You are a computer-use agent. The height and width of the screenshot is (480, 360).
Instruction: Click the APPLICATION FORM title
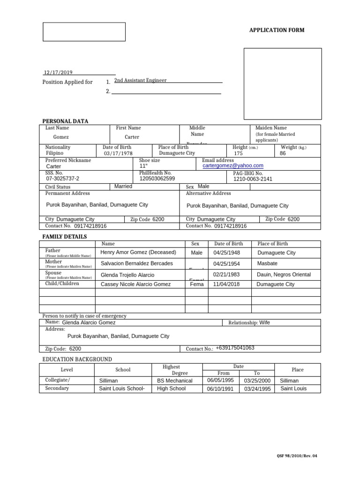click(x=276, y=30)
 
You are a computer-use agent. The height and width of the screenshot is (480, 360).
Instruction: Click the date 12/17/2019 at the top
click(x=58, y=72)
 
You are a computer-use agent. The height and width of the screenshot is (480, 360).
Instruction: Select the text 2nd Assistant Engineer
click(x=140, y=80)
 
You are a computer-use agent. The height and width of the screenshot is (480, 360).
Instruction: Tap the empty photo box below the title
click(x=283, y=83)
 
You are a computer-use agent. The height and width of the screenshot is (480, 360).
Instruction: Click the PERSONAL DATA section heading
click(x=65, y=121)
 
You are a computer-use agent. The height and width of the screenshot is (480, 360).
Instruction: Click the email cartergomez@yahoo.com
click(x=233, y=165)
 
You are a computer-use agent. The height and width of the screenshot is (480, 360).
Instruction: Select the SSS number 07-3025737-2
click(x=63, y=179)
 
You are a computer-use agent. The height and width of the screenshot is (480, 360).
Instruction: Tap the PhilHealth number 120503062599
click(x=157, y=179)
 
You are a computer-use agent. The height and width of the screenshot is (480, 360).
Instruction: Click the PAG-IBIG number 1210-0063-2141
click(x=253, y=179)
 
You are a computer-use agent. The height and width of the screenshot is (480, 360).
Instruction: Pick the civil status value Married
click(x=123, y=186)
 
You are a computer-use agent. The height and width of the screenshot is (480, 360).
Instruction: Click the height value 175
click(x=238, y=153)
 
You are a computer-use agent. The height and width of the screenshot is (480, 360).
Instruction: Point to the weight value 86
click(x=283, y=153)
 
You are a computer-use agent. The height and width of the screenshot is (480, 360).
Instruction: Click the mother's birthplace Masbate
click(x=268, y=263)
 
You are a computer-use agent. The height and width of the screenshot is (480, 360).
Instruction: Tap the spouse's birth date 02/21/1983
click(x=226, y=274)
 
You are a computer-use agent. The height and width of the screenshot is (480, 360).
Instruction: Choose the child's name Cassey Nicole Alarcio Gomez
click(x=136, y=284)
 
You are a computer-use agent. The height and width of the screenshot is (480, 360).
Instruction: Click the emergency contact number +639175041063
click(x=235, y=348)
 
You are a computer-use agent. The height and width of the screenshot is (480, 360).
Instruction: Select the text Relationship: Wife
click(x=249, y=322)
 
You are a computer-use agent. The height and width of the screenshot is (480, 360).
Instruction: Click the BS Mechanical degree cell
click(x=175, y=381)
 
